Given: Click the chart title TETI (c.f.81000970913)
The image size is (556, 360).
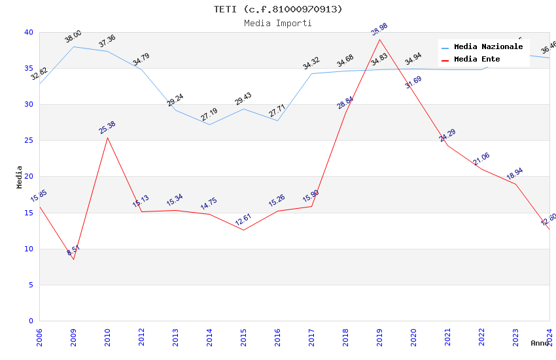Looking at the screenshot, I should coord(278,9).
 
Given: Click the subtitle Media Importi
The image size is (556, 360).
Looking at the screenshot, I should coord(278,23).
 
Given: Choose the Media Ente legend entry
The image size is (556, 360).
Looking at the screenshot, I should coord(477,59).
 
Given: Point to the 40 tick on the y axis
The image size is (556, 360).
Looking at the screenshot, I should coord(28,32).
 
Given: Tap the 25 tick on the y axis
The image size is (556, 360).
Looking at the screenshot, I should coord(28,140).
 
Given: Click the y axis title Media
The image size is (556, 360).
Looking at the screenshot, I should coord(20,177).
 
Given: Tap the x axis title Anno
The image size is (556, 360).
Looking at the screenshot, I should coord(540,343).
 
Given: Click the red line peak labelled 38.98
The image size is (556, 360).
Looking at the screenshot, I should coord(379,39).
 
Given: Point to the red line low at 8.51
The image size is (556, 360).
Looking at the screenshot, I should coord(73,259).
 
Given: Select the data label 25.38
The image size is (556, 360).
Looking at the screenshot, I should coord(107,128).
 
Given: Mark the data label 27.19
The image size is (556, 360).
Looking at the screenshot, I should coord(209,115).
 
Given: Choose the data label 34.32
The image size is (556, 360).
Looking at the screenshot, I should coord(311,63).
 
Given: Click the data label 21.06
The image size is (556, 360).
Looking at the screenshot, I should coord(481,159).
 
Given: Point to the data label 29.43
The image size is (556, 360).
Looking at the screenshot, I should coord(243,99).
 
